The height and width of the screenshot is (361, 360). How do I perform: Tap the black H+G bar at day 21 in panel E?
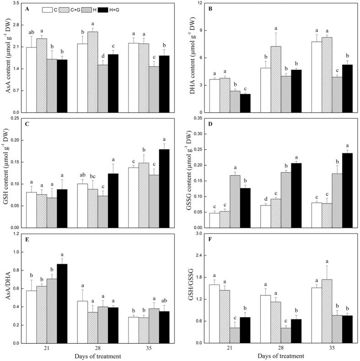pyautogui.click(x=62, y=303)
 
